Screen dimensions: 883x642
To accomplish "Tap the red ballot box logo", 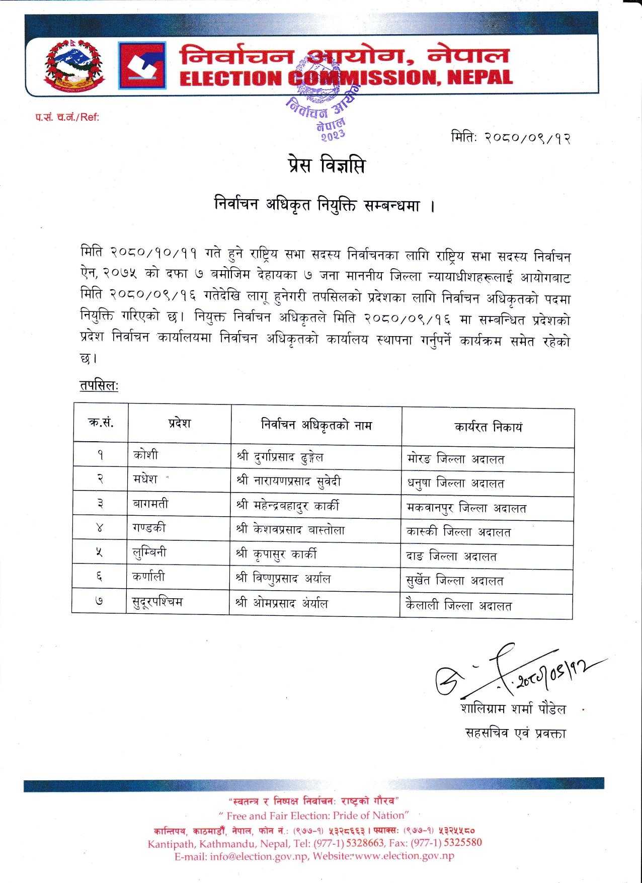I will coord(142,66).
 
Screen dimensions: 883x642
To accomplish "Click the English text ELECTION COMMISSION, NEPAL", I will coord(346,78).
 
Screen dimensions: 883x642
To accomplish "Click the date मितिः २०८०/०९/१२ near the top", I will coord(511,137).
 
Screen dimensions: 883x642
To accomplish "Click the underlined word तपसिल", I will coord(98,386).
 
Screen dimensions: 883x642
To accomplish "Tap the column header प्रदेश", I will coord(179,423).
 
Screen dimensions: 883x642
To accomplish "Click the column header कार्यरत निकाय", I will coord(488,427).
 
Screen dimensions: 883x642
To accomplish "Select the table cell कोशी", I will coord(145,455).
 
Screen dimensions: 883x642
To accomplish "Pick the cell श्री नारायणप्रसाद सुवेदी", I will coord(289,481).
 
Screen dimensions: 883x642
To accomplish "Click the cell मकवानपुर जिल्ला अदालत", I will coord(466,508).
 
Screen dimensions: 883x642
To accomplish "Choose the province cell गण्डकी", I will coord(149,528).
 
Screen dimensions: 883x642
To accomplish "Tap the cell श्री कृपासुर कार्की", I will coord(276,554).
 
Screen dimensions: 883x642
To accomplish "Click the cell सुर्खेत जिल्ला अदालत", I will coord(455,581).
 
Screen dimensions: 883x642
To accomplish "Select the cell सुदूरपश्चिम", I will coord(157,601).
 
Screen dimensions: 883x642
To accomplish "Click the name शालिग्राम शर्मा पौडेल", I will coord(513,709).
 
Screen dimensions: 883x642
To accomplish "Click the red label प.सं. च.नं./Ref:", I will coord(67,117).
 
